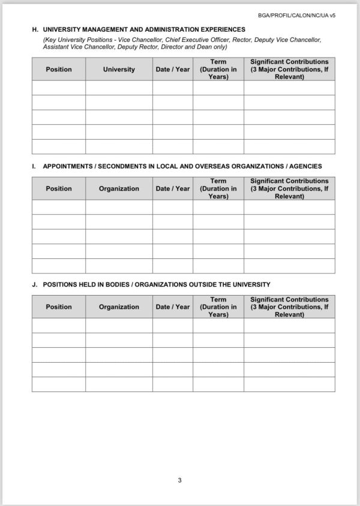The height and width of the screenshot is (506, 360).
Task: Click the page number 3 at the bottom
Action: (179, 480)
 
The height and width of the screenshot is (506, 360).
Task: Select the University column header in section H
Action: (119, 70)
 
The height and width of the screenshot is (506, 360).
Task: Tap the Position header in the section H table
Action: (59, 70)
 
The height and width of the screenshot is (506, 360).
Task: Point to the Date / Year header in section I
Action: (173, 188)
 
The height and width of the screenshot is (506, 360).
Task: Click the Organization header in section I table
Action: (119, 188)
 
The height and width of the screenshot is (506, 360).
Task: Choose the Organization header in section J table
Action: (119, 307)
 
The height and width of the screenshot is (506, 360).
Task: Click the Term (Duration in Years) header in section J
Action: (218, 307)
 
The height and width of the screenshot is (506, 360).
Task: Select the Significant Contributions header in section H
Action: (289, 70)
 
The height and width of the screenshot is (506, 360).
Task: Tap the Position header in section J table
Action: (59, 307)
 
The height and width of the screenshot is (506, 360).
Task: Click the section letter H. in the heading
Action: (35, 29)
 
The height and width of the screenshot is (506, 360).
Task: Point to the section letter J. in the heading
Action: (35, 285)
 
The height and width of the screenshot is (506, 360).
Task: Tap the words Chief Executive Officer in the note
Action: (197, 40)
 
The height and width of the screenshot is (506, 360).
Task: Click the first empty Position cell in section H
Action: (59, 88)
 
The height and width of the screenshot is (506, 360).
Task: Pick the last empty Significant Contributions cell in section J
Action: (289, 384)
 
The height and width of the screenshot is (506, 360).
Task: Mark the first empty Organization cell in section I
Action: (119, 207)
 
